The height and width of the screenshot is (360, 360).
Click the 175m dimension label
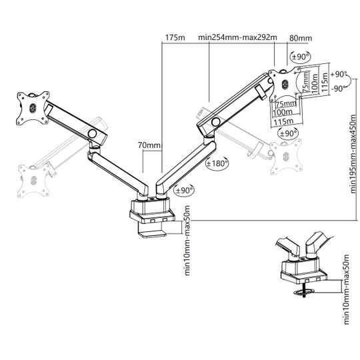tap(175, 37)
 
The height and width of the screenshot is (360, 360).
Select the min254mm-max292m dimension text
tap(237, 37)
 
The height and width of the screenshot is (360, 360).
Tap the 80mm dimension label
tap(301, 38)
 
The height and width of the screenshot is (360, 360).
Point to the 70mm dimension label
tap(150, 145)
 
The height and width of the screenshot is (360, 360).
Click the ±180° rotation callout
tap(217, 163)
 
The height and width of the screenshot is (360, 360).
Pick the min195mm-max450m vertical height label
tap(354, 154)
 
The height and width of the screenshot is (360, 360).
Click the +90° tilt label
tap(339, 75)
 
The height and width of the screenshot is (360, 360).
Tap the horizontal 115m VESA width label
tap(283, 121)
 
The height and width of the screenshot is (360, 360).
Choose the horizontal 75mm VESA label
tap(286, 104)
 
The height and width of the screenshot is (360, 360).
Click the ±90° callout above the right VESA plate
tap(300, 57)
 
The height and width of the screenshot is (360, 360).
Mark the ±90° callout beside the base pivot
tap(184, 190)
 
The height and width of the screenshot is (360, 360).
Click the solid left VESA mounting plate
tap(33, 108)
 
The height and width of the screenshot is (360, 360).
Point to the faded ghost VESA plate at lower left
tap(34, 180)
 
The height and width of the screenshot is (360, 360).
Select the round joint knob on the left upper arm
tap(93, 133)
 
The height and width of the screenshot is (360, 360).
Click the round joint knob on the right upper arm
tap(216, 122)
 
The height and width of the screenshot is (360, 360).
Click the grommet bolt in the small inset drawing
tap(304, 290)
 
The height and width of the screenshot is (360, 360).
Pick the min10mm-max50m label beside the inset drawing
tap(346, 289)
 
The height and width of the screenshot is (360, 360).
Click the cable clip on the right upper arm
tap(261, 93)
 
